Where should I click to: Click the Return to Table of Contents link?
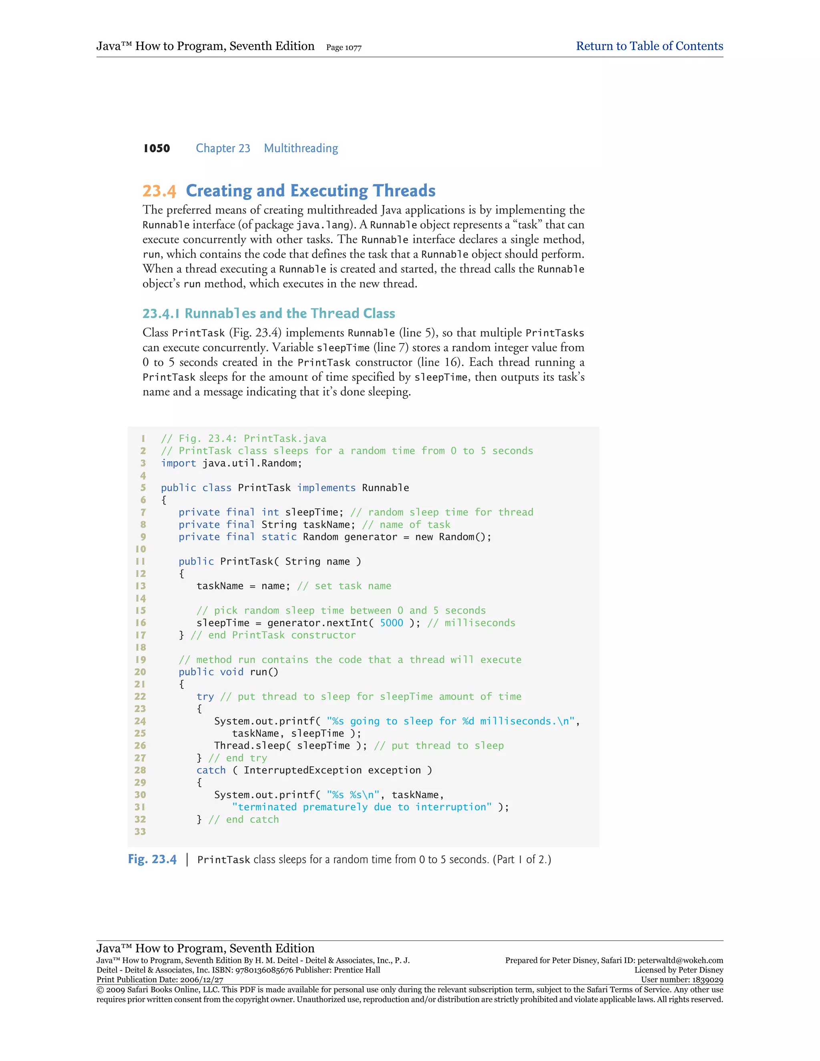click(x=649, y=46)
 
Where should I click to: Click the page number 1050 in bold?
click(x=157, y=148)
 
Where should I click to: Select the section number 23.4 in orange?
click(x=159, y=191)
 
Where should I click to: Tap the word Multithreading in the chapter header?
click(x=301, y=148)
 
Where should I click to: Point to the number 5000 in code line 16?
click(x=391, y=623)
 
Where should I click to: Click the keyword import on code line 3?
click(x=178, y=463)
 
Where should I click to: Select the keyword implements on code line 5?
click(x=326, y=488)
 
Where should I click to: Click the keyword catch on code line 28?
click(x=211, y=770)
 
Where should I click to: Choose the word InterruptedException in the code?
click(x=303, y=770)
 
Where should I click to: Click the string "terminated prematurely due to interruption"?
click(x=362, y=807)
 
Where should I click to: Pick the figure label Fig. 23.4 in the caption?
click(x=152, y=859)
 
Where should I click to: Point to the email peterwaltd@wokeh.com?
click(x=680, y=960)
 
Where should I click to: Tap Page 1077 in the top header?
click(x=344, y=48)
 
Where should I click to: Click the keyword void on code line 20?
click(x=232, y=672)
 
